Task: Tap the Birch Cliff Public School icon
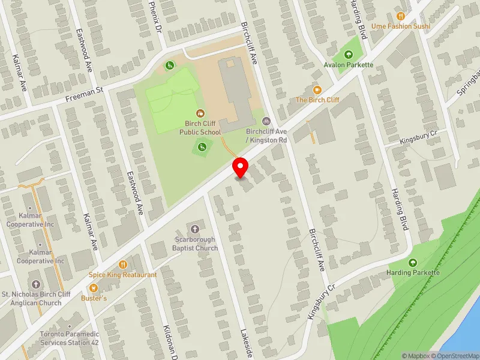tap(200, 113)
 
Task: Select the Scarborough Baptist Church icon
tap(195, 229)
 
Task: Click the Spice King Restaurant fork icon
tap(123, 264)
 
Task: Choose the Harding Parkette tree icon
tap(413, 263)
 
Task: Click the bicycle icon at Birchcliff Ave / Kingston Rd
tap(266, 120)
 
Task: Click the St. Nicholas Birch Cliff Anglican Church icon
tap(35, 284)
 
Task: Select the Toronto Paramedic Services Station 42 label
tap(69, 338)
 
